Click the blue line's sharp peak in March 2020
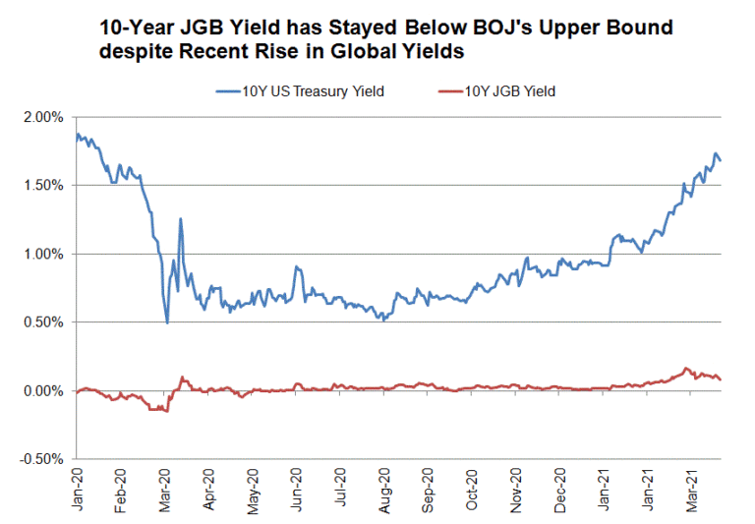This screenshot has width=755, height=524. pos(181,219)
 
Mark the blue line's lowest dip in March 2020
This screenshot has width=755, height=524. pos(167,322)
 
